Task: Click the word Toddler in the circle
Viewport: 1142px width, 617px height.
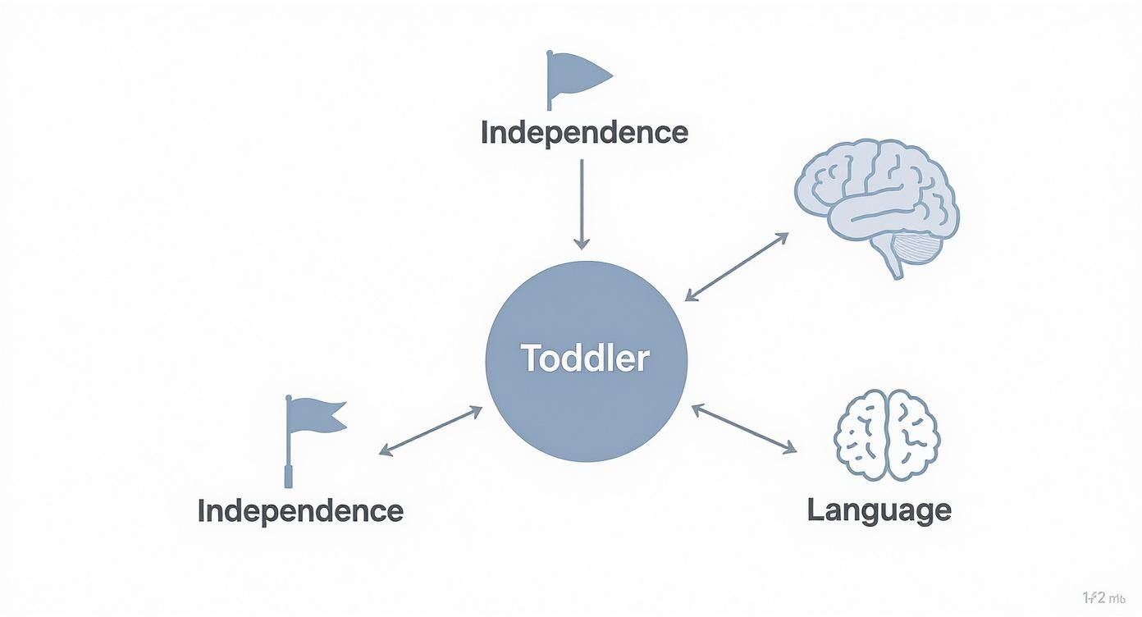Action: coord(585,359)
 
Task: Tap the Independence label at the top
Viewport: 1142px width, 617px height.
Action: coord(584,132)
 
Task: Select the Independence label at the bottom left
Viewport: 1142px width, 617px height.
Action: coord(300,510)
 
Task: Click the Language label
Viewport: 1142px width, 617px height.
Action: coord(879,510)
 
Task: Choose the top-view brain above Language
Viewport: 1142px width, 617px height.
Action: coord(887,434)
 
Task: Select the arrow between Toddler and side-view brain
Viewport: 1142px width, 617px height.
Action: coord(736,267)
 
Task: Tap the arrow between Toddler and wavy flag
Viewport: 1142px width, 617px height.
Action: coord(430,430)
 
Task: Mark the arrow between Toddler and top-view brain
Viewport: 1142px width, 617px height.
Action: coord(743,427)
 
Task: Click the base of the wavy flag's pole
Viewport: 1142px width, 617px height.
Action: coord(289,478)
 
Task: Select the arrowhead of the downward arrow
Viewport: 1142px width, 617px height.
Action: coord(582,243)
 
